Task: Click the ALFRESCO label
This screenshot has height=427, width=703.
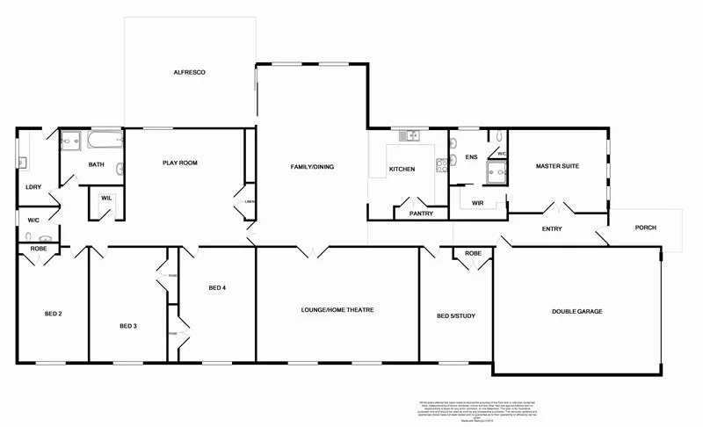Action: click(x=189, y=72)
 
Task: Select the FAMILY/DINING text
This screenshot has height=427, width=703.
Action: click(x=312, y=167)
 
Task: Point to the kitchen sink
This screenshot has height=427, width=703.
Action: click(x=408, y=135)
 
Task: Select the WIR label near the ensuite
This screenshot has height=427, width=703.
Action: click(x=478, y=202)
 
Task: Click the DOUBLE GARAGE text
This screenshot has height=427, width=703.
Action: click(x=576, y=311)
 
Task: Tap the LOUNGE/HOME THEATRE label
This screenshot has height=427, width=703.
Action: click(x=337, y=310)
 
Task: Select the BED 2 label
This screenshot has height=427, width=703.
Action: click(x=53, y=313)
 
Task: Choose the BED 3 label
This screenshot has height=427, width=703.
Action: click(x=128, y=327)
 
